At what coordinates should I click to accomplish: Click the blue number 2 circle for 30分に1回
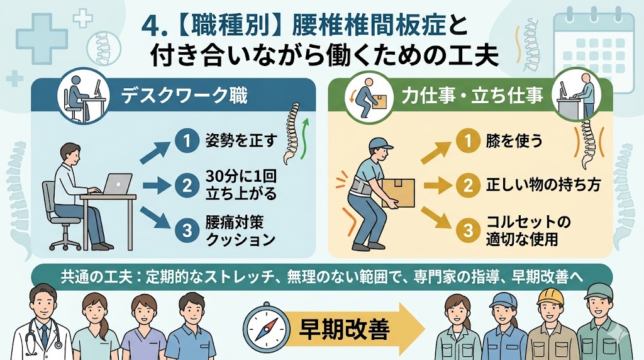tap(187, 185)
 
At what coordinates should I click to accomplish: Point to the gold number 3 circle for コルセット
tap(468, 230)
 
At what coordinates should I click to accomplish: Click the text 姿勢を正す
tap(240, 140)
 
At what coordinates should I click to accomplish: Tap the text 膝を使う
tap(514, 140)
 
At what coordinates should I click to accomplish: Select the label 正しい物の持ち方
tap(543, 185)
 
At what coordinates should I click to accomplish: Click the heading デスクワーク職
tap(184, 95)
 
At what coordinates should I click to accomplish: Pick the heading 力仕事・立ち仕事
tap(472, 96)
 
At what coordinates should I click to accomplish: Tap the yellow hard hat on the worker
tap(548, 296)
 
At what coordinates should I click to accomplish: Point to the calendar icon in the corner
tap(594, 49)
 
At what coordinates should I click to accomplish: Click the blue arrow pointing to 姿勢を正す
tap(155, 150)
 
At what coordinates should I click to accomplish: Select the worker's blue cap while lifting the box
tap(380, 143)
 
